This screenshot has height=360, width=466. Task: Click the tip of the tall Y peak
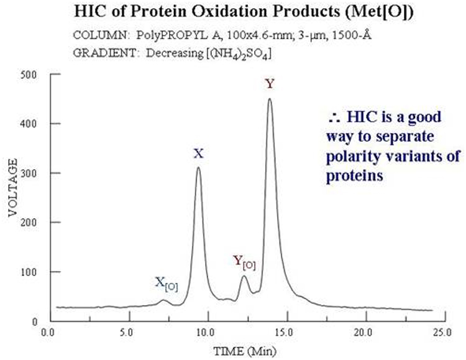(x=270, y=99)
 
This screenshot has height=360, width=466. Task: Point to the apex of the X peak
(x=199, y=167)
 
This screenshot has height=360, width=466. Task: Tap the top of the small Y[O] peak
(x=244, y=276)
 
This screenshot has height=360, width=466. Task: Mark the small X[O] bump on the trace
(x=163, y=300)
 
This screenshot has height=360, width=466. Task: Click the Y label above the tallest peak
(x=270, y=83)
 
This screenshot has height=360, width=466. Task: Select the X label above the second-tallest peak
(x=199, y=154)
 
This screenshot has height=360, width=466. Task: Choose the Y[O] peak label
(x=244, y=262)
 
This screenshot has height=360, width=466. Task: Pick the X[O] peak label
(x=167, y=284)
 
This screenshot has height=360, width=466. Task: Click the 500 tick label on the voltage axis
(x=29, y=75)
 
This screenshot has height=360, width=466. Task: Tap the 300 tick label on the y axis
(x=29, y=173)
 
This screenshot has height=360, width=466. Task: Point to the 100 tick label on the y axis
(x=29, y=272)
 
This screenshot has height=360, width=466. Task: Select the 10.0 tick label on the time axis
(x=207, y=332)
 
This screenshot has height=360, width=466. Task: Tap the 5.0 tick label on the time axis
(x=127, y=332)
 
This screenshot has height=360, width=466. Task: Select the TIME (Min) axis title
(x=245, y=351)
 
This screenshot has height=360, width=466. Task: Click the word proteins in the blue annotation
(x=354, y=176)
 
